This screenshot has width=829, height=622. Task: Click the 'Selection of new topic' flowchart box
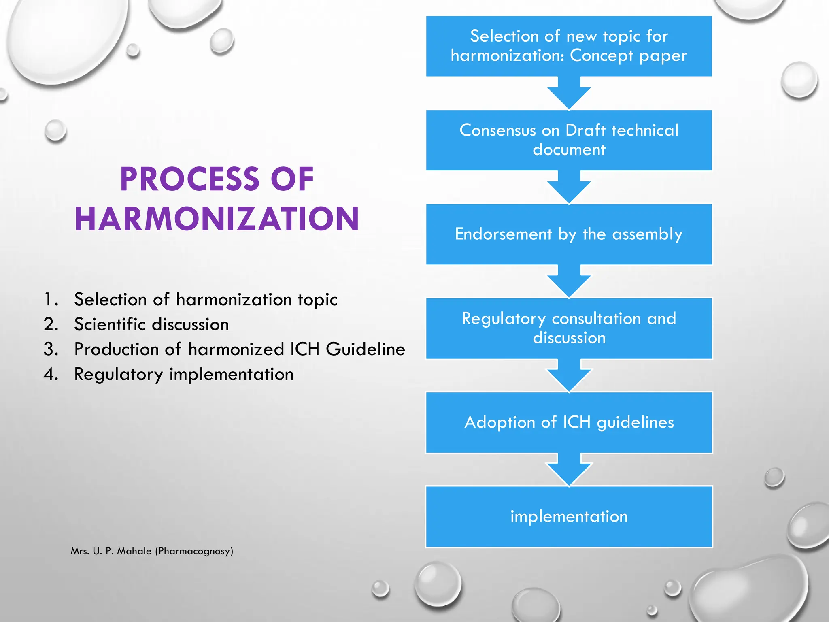[x=569, y=46]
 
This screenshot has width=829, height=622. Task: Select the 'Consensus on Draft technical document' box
[x=569, y=140]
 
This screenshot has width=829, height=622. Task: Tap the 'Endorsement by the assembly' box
[x=569, y=234]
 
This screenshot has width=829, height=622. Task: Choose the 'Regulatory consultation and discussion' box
[x=569, y=328]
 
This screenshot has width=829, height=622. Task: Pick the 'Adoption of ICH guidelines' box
[x=569, y=422]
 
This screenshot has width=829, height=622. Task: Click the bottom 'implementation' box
[x=569, y=516]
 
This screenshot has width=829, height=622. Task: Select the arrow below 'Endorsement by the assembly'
[x=569, y=281]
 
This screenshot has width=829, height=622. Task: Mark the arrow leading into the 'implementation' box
[x=569, y=469]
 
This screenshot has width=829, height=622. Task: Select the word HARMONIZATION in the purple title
[x=217, y=219]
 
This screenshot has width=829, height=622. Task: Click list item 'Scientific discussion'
[x=151, y=324]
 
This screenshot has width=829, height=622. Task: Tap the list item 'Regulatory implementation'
[x=184, y=374]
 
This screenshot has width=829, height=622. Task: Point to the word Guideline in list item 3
[x=365, y=349]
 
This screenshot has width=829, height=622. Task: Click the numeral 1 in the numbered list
[x=49, y=300]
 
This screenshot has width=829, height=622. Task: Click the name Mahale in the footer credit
[x=134, y=551]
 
